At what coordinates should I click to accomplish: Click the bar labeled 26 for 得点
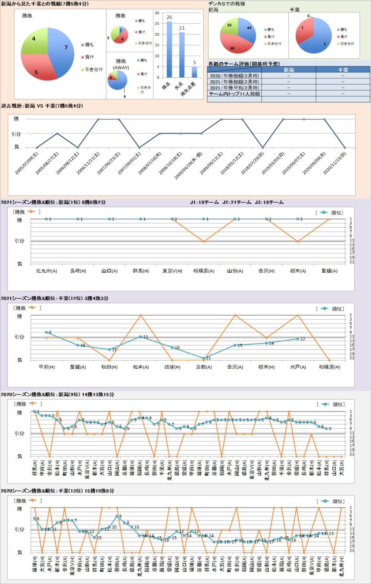tap(169, 49)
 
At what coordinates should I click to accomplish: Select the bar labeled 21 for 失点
tap(182, 55)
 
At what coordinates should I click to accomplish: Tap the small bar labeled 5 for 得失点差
tap(194, 72)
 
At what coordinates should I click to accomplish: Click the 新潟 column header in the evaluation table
tap(289, 70)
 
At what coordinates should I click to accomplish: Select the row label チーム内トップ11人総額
tap(234, 94)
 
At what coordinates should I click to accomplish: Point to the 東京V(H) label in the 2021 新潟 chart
tap(172, 271)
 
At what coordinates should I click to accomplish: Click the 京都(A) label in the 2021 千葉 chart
tap(204, 367)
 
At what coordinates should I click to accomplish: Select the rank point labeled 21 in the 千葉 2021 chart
tap(204, 358)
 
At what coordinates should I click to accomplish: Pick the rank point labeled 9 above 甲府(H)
tap(46, 332)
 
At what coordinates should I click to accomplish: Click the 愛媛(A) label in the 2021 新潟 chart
tap(329, 271)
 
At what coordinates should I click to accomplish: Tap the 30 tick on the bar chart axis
tap(157, 13)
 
